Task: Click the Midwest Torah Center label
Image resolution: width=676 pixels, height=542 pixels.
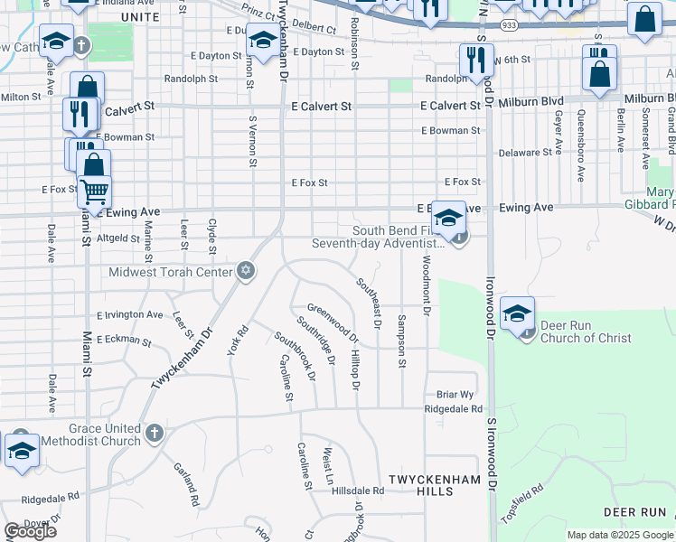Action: click(x=170, y=272)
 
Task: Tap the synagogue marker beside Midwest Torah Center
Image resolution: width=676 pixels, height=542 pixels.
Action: click(x=245, y=271)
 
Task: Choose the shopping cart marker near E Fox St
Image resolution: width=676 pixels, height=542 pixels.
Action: click(x=93, y=192)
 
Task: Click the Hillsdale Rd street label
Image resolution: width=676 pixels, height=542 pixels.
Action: click(x=358, y=491)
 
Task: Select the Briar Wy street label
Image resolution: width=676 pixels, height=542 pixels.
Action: click(x=455, y=395)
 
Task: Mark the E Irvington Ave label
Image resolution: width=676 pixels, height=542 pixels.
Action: click(x=130, y=316)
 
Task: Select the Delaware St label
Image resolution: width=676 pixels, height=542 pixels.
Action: click(x=524, y=153)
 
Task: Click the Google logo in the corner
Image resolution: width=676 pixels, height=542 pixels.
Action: click(x=30, y=531)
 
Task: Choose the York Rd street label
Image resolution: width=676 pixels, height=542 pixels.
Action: click(x=238, y=341)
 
